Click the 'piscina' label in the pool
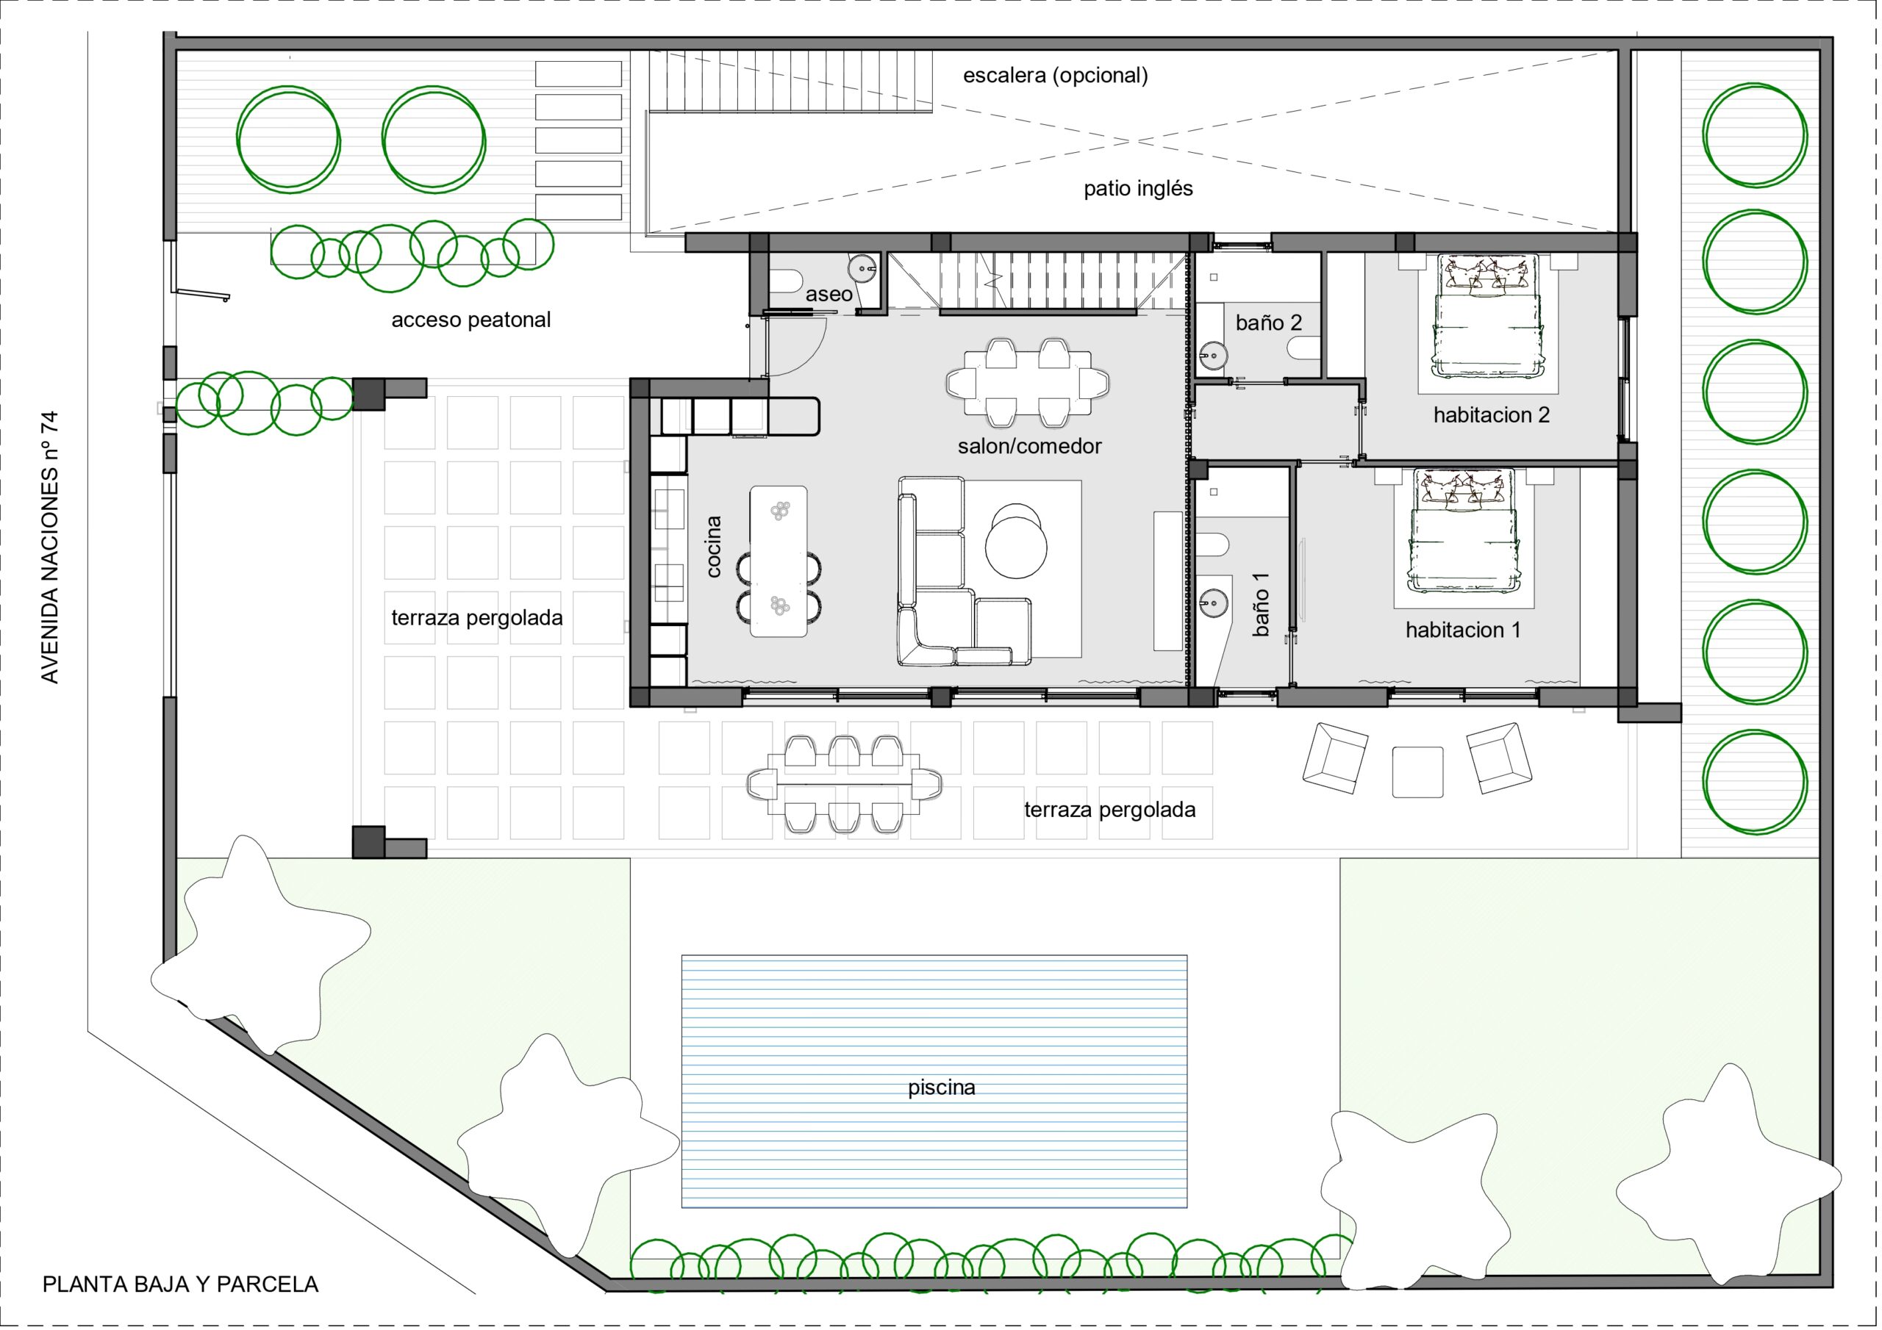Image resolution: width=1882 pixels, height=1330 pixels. point(941,1088)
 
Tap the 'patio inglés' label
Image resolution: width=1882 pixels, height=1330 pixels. point(1138,189)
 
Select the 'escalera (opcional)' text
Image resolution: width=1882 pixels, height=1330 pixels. point(1055,76)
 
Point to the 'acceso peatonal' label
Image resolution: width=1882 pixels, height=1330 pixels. point(470,320)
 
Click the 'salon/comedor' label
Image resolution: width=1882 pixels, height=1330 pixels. point(1029,446)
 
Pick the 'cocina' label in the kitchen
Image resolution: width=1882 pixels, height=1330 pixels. point(713,547)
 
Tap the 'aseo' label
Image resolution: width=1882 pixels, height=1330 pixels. point(829,294)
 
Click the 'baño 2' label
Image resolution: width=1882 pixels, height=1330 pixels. point(1269,323)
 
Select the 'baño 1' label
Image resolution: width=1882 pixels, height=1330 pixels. point(1261,605)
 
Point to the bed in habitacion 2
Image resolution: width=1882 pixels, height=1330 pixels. point(1486,316)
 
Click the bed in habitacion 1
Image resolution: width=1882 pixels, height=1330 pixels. point(1462,531)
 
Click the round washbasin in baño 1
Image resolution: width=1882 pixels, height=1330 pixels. point(1213,603)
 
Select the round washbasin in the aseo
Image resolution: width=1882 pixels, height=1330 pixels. point(862,267)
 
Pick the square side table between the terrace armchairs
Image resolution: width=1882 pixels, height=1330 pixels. point(1417,772)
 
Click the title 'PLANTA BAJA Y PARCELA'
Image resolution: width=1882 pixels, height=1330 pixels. point(180,1284)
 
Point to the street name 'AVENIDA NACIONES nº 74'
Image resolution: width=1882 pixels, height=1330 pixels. point(50,547)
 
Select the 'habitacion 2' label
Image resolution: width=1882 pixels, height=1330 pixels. point(1492,414)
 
